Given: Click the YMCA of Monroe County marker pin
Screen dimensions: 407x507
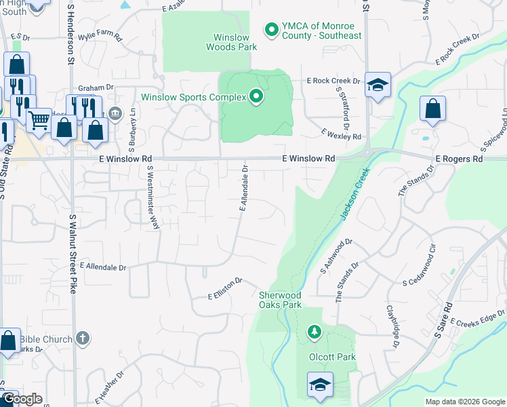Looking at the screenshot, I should [x=272, y=29].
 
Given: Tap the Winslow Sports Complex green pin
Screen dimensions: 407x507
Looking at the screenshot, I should [x=256, y=98].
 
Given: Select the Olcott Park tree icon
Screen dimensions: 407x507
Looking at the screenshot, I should [x=314, y=332].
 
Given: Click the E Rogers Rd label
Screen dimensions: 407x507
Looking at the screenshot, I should [x=459, y=159].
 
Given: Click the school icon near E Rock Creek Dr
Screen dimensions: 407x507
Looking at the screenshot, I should [x=378, y=85].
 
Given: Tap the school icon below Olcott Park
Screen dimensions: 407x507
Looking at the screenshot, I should [x=320, y=385].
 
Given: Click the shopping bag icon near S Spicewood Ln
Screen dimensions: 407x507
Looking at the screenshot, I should [x=432, y=109].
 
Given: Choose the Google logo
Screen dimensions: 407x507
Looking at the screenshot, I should [x=22, y=399].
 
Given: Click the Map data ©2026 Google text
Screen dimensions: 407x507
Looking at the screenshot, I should [x=464, y=402].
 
